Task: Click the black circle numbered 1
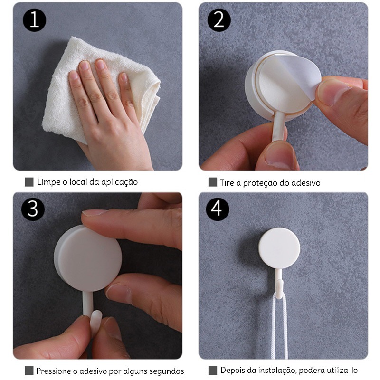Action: click(34, 20)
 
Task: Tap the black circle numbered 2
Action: click(219, 20)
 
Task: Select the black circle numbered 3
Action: click(33, 209)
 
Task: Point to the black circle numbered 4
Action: click(218, 209)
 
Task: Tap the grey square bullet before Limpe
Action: click(29, 182)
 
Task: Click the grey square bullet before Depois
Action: click(213, 370)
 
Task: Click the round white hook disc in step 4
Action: click(279, 248)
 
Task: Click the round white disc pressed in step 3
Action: click(88, 258)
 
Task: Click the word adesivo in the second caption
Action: click(305, 183)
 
